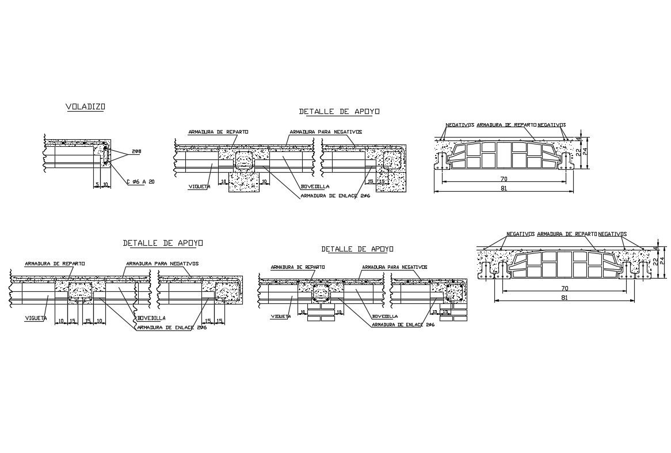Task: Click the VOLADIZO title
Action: click(x=85, y=106)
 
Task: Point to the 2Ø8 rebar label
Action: click(x=136, y=152)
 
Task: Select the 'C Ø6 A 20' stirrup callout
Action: click(x=140, y=182)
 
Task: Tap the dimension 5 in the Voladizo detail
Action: click(x=98, y=184)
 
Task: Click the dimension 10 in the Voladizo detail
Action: click(x=106, y=184)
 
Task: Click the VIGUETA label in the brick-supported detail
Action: click(x=280, y=316)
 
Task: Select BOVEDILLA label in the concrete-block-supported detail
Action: click(x=314, y=186)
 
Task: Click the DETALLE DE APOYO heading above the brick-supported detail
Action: click(x=357, y=249)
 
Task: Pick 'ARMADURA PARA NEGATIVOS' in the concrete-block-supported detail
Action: click(x=326, y=132)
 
